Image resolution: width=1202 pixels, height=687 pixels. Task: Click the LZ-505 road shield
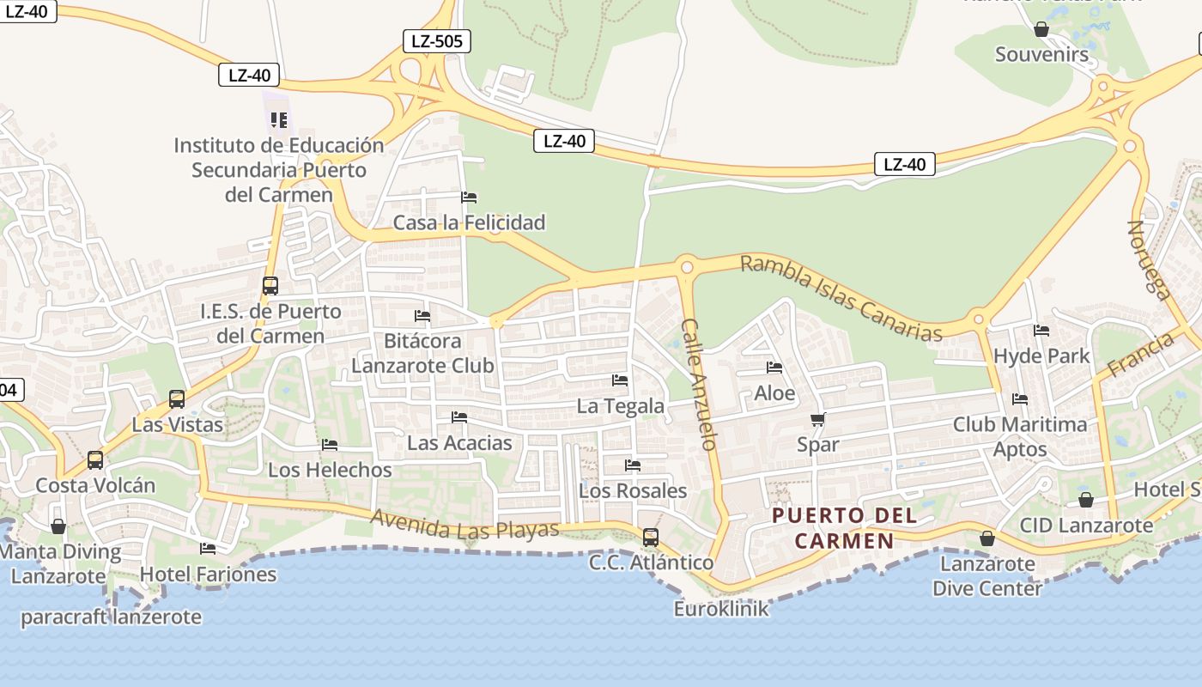[437, 40]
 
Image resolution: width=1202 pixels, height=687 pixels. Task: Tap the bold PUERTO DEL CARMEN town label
[845, 528]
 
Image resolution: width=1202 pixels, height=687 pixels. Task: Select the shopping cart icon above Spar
[817, 420]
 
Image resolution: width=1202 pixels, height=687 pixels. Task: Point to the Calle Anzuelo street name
[699, 384]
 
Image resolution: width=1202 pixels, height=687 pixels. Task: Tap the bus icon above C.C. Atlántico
[651, 538]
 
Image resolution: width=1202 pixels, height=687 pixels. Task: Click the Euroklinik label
[721, 609]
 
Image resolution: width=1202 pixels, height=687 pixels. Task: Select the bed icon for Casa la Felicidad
[469, 198]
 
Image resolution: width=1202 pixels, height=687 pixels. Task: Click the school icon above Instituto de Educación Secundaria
[278, 120]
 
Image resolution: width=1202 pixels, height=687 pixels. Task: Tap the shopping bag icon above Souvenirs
[1041, 30]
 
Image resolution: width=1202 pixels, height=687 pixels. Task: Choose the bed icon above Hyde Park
[1041, 331]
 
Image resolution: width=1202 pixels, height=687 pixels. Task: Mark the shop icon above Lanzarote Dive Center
[987, 538]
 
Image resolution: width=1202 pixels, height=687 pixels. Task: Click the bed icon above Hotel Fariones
[208, 549]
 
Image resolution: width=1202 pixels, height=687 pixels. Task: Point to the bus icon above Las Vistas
[177, 399]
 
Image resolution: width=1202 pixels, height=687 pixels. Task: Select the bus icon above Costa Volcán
[95, 460]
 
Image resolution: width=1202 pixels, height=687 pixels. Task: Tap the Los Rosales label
[633, 491]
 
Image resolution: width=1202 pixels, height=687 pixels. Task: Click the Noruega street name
[1149, 260]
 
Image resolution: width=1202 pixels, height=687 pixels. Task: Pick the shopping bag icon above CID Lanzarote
[1086, 500]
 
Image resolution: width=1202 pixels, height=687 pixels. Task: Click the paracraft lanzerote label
[111, 617]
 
